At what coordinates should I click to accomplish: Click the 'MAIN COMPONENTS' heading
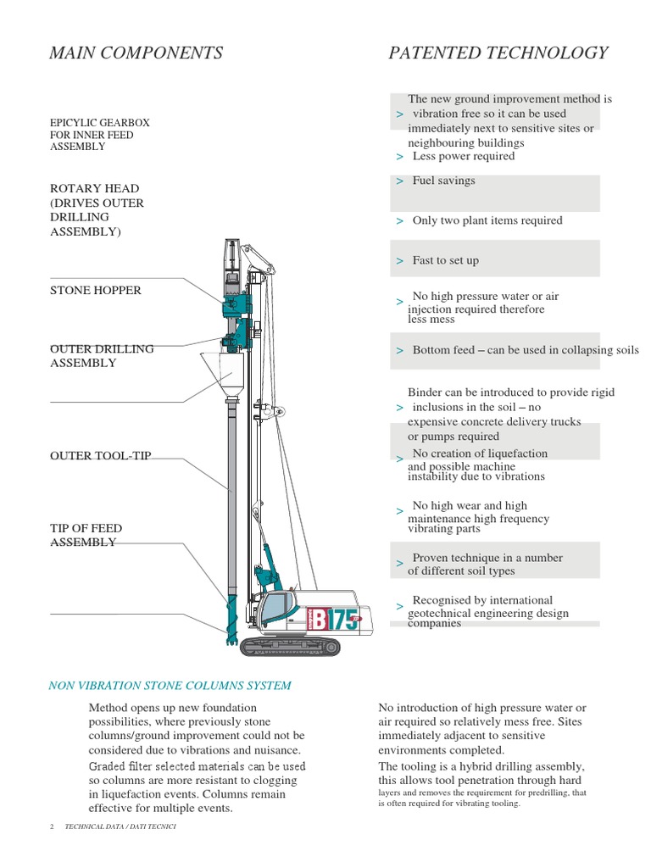pos(136,53)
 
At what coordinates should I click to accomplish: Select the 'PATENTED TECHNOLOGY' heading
pos(498,53)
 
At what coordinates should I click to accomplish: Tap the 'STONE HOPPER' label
pos(96,291)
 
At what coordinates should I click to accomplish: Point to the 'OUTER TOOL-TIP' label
pos(100,456)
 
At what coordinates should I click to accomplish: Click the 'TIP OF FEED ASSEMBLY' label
pos(86,536)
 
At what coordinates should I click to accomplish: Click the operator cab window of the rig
pos(278,609)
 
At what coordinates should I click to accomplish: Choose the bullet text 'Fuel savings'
pos(443,181)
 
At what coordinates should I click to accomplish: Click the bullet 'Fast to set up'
pos(445,260)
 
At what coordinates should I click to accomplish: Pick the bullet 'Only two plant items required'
pos(487,220)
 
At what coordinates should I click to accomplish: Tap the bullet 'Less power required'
pos(463,156)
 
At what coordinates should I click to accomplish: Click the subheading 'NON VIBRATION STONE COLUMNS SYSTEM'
pos(170,686)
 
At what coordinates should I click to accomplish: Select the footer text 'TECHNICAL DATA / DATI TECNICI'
pos(120,826)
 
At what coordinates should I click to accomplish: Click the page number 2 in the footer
pos(53,826)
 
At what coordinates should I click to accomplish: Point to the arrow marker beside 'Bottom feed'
pos(399,351)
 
